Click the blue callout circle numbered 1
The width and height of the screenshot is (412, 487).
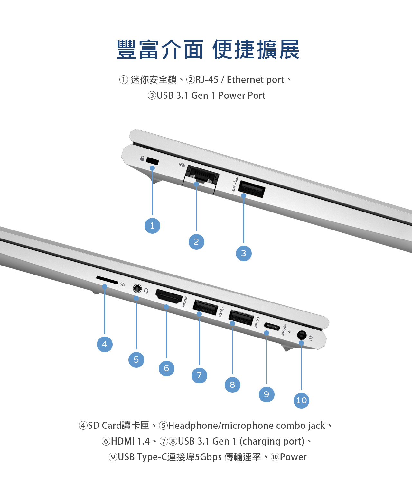coord(152,226)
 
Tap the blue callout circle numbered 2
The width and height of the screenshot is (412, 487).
coord(196,242)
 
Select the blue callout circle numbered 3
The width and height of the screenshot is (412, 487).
coord(244,253)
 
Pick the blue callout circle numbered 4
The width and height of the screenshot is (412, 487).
coord(105,344)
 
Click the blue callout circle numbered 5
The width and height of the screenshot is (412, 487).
coord(136,360)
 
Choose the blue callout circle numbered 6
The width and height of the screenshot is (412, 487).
coord(166,368)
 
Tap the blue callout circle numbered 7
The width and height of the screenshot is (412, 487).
coord(199,375)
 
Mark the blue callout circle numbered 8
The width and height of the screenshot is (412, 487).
coord(232,384)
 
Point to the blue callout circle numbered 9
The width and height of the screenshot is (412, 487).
coord(267,394)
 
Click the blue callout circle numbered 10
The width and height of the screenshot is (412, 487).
coord(301,401)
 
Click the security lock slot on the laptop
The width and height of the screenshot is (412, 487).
coord(152,161)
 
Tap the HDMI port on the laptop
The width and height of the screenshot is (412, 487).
coord(169,296)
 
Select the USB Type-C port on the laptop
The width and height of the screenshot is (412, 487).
coord(272,327)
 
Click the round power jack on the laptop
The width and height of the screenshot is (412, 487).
coord(302,335)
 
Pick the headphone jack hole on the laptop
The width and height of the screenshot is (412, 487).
coord(137,289)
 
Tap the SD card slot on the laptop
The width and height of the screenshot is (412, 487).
coord(107,280)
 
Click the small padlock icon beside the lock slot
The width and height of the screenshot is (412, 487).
coord(142,158)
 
